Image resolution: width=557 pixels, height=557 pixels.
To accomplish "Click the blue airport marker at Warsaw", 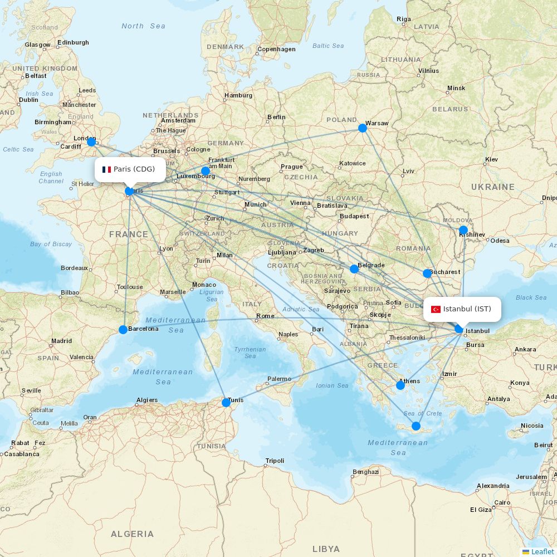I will [x=363, y=128].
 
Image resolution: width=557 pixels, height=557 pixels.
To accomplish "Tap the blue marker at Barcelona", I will [x=123, y=330].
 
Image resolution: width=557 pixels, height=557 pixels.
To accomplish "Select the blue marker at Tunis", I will [x=226, y=403].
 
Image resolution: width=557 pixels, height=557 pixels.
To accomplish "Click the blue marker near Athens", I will [x=400, y=385].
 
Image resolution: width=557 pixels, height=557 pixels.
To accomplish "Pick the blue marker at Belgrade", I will [x=354, y=269].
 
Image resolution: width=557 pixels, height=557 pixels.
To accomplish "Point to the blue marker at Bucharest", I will [x=427, y=273].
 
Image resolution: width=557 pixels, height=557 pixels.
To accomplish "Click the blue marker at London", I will [x=91, y=142].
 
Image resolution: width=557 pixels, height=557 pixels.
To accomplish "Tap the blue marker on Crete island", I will [x=416, y=426].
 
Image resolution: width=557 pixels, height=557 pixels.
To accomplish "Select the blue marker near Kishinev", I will [x=463, y=230].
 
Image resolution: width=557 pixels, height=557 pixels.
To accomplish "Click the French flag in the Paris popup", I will [x=107, y=169].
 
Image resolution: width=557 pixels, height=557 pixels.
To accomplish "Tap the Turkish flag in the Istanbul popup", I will [x=436, y=309].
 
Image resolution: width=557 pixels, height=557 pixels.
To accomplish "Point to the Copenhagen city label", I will [x=276, y=49].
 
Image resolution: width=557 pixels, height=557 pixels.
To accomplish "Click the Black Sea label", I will [x=531, y=297].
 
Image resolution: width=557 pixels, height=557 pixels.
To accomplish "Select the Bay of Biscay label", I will [x=51, y=244].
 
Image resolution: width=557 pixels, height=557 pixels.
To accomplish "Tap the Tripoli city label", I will [x=275, y=461].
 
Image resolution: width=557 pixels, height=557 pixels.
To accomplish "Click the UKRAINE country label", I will [x=493, y=187].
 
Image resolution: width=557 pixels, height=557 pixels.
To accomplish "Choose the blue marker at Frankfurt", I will [x=206, y=171].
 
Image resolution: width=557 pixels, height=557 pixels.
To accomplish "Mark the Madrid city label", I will [x=61, y=341].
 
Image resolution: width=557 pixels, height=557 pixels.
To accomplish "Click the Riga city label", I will [x=404, y=19].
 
